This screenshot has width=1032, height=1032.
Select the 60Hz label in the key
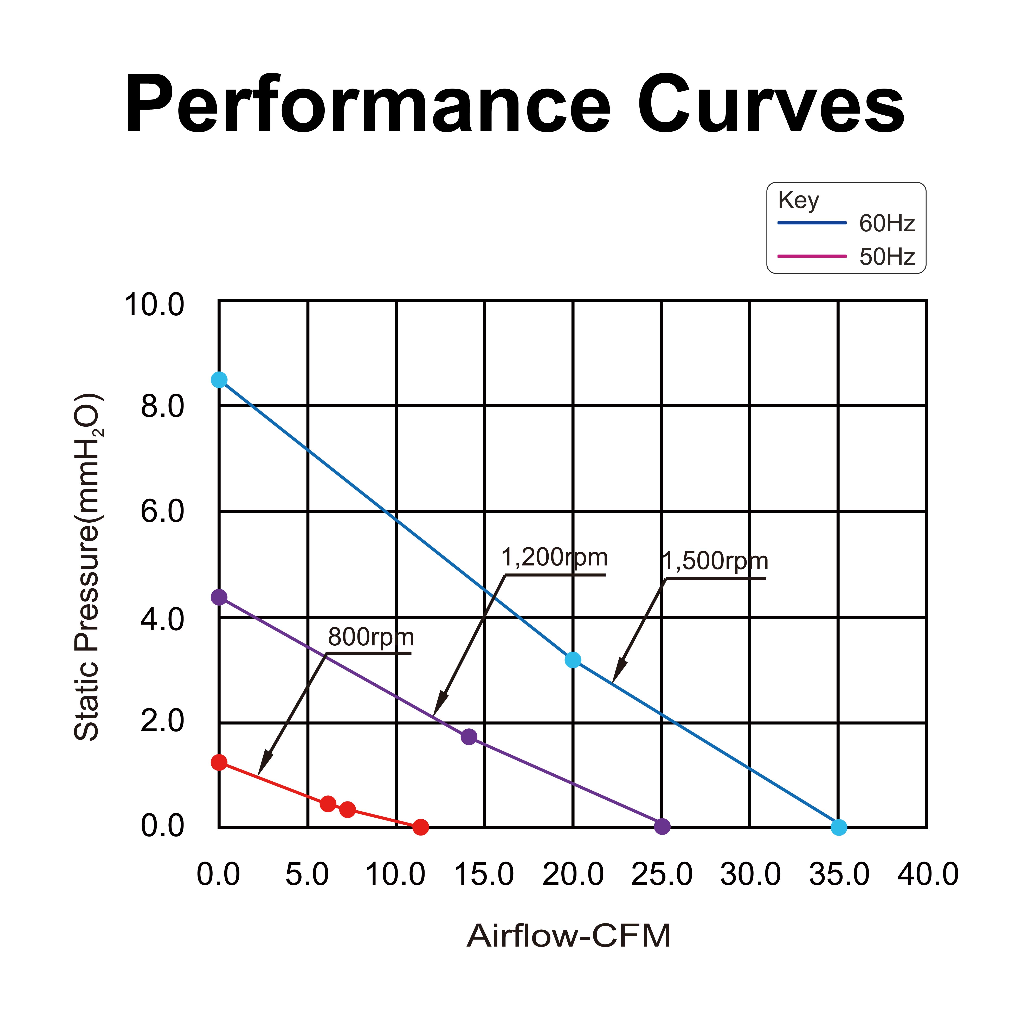pyautogui.click(x=887, y=223)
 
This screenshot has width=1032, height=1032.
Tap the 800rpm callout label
pyautogui.click(x=371, y=637)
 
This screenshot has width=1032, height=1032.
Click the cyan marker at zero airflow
pyautogui.click(x=219, y=380)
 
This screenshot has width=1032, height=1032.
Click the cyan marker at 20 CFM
pyautogui.click(x=573, y=660)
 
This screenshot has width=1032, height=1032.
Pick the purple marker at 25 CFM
pyautogui.click(x=662, y=826)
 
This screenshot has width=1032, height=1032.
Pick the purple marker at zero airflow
pyautogui.click(x=219, y=597)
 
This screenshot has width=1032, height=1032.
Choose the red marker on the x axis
pyautogui.click(x=421, y=827)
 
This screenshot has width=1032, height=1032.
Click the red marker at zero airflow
pyautogui.click(x=219, y=762)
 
